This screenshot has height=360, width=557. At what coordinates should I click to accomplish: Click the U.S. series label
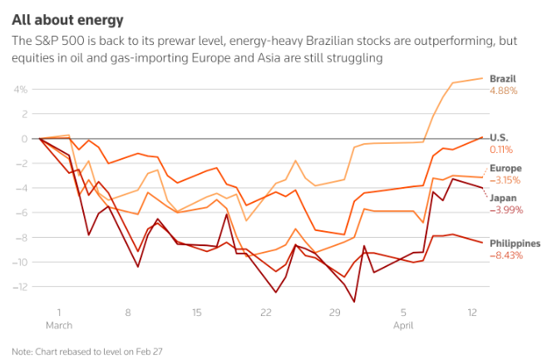pos(500,137)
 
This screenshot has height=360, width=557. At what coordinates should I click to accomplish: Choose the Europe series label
pos(506,168)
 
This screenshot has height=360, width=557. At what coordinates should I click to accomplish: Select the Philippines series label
pos(515,244)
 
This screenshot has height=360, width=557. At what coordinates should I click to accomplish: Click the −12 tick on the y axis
pos(21,287)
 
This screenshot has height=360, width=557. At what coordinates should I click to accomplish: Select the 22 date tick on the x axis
pos(266,313)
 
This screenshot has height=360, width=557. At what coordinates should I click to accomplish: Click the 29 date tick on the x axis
pos(335,313)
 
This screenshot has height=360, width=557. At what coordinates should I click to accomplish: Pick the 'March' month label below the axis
pos(58,325)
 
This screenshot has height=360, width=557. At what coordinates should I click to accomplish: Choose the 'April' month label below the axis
pos(404,325)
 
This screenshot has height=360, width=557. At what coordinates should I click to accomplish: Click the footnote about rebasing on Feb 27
pos(87,351)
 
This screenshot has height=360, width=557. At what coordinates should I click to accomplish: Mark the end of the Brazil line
pos(483,78)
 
